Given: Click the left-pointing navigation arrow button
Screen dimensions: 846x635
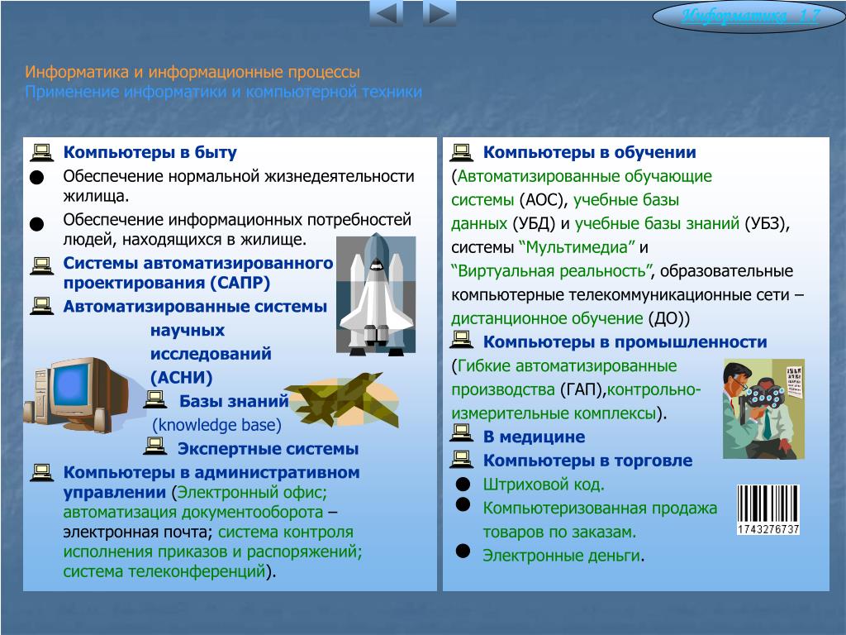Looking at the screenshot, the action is pyautogui.click(x=387, y=13).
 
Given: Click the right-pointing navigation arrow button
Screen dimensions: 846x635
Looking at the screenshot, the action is pyautogui.click(x=440, y=13).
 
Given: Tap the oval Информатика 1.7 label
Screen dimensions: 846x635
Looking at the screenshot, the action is pyautogui.click(x=749, y=17).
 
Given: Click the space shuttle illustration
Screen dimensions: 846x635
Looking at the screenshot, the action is pyautogui.click(x=376, y=294).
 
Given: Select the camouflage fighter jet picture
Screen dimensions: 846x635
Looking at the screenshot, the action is pyautogui.click(x=341, y=399).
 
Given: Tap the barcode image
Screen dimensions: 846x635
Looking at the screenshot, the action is pyautogui.click(x=768, y=509).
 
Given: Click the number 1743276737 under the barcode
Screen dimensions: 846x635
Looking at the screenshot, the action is pyautogui.click(x=768, y=529).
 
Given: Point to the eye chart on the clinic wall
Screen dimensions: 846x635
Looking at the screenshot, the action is pyautogui.click(x=793, y=382).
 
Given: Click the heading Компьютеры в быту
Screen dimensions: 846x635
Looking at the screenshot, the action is pyautogui.click(x=150, y=152).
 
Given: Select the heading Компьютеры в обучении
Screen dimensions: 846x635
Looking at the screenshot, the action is pyautogui.click(x=589, y=152).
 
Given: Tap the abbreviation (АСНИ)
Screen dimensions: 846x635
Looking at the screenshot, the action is pyautogui.click(x=181, y=377).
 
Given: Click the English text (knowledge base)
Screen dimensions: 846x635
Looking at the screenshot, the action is pyautogui.click(x=217, y=425).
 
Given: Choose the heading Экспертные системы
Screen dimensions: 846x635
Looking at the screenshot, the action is pyautogui.click(x=269, y=449).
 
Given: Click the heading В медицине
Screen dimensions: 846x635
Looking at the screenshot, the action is pyautogui.click(x=535, y=437).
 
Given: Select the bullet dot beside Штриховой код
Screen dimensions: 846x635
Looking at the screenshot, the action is pyautogui.click(x=463, y=484).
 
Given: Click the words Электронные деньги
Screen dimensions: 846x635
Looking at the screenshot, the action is pyautogui.click(x=561, y=556).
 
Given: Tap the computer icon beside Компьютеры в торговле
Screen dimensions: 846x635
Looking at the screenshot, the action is pyautogui.click(x=461, y=460).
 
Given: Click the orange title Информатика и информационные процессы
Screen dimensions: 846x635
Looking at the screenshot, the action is pyautogui.click(x=192, y=72).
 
